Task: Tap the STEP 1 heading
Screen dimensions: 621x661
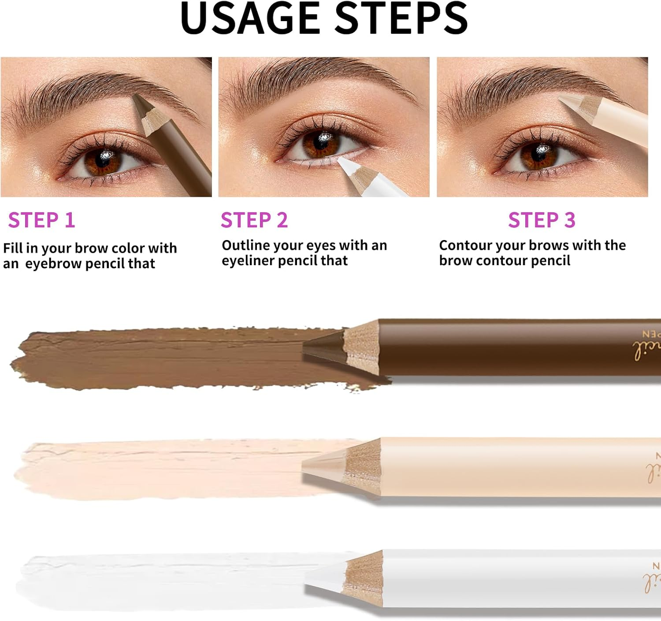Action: pyautogui.click(x=41, y=220)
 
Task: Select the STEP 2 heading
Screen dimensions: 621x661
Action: pyautogui.click(x=254, y=220)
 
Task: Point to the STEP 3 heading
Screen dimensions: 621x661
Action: pyautogui.click(x=542, y=220)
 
